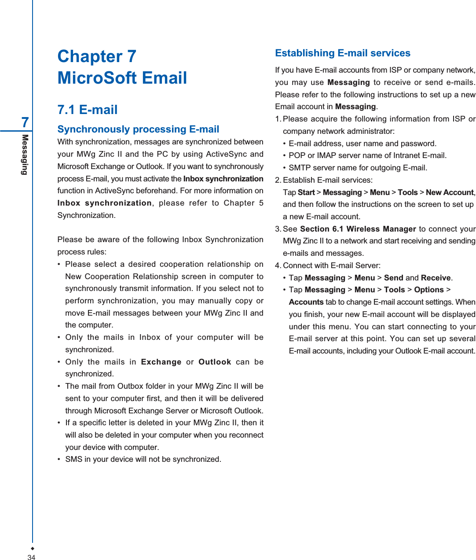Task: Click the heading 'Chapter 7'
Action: tap(97, 56)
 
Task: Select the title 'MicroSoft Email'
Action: tap(122, 78)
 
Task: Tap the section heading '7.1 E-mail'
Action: tap(88, 110)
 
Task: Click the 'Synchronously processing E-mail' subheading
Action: tap(138, 129)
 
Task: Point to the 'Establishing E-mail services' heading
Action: tap(343, 53)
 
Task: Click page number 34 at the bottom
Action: tap(31, 557)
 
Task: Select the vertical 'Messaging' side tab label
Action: tap(25, 155)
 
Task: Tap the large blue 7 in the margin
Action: tap(25, 122)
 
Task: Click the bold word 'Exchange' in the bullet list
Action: tap(161, 362)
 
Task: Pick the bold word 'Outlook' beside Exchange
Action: tap(215, 362)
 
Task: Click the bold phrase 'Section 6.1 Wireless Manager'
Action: tap(358, 229)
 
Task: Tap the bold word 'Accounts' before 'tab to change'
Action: tap(306, 302)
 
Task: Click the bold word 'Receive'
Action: tap(436, 278)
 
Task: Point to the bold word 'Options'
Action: tap(429, 290)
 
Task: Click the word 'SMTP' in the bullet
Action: tap(299, 168)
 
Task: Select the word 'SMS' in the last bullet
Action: tap(73, 459)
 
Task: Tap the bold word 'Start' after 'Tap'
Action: tap(306, 192)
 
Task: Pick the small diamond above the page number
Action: tap(32, 549)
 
